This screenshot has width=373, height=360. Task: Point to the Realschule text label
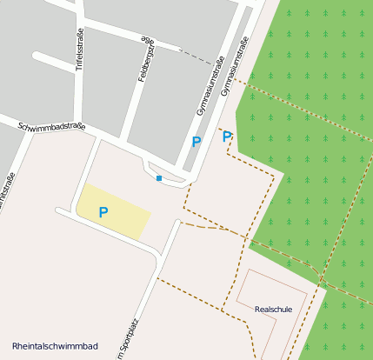(x=273, y=309)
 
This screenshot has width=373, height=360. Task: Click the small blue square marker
(x=159, y=178)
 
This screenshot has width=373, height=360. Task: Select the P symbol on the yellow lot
(x=103, y=211)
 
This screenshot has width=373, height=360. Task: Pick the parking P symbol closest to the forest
(x=227, y=137)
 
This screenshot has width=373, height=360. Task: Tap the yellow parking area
(x=122, y=213)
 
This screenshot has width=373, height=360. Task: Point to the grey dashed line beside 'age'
(x=195, y=56)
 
